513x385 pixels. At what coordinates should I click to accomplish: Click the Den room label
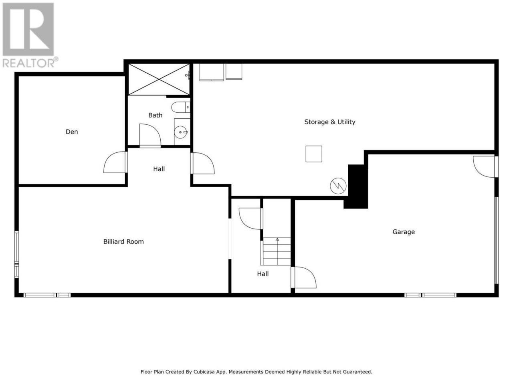[x=72, y=132]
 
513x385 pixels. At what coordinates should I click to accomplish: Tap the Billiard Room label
[x=123, y=241]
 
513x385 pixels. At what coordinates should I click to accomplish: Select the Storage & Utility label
[x=329, y=122]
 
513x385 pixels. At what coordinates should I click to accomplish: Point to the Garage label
[x=404, y=232]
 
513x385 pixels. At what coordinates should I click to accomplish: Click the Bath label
[x=155, y=115]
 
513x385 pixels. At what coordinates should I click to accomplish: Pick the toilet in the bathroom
[x=181, y=107]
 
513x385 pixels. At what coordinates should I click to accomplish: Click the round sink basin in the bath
[x=180, y=132]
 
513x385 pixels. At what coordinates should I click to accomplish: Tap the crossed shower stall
[x=159, y=79]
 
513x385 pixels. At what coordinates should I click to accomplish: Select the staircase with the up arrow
[x=277, y=251]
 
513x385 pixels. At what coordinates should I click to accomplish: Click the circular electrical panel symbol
[x=338, y=186]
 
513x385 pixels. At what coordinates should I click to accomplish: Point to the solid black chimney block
[x=356, y=186]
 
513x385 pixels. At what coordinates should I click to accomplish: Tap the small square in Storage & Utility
[x=314, y=154]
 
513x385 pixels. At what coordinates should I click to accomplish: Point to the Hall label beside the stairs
[x=263, y=274]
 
